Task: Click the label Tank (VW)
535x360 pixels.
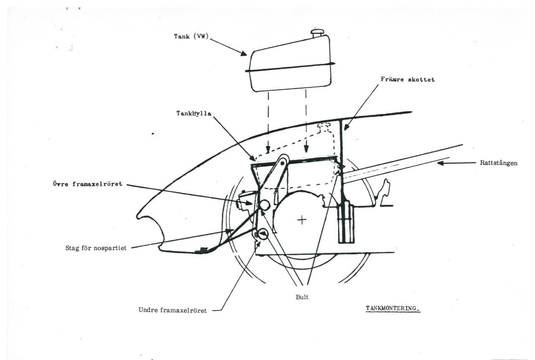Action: pyautogui.click(x=191, y=37)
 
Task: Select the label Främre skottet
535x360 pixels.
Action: pyautogui.click(x=407, y=79)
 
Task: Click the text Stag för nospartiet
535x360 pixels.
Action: pyautogui.click(x=93, y=248)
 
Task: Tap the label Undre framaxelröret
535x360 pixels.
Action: pyautogui.click(x=173, y=310)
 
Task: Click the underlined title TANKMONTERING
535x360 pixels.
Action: pyautogui.click(x=392, y=308)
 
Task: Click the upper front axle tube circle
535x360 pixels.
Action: pyautogui.click(x=264, y=205)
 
